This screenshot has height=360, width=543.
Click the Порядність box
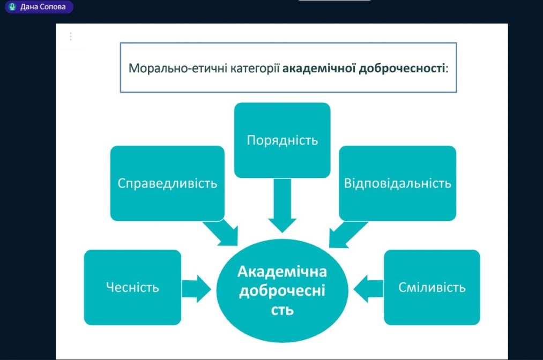[282, 140]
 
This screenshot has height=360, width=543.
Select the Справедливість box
[167, 183]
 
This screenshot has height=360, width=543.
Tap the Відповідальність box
[397, 183]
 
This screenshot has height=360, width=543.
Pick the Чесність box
[132, 287]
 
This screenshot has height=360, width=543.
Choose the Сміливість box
[432, 287]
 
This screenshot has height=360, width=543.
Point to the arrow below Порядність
[282, 206]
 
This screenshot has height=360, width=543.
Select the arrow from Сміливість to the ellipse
[369, 287]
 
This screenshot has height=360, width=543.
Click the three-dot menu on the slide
[70, 36]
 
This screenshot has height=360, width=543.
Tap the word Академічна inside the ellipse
[282, 272]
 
